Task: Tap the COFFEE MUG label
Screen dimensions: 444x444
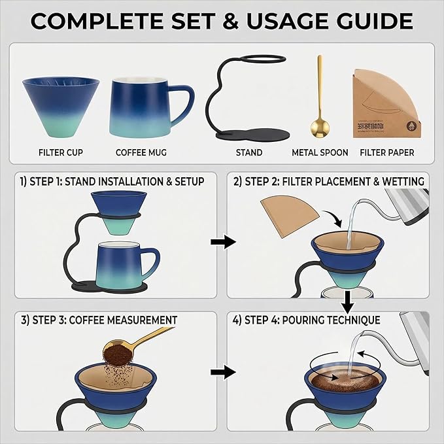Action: tap(141, 152)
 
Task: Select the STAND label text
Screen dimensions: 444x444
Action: tap(248, 152)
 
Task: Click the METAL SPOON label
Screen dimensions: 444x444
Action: tap(320, 152)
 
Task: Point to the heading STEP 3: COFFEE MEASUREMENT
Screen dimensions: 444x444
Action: tap(99, 320)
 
